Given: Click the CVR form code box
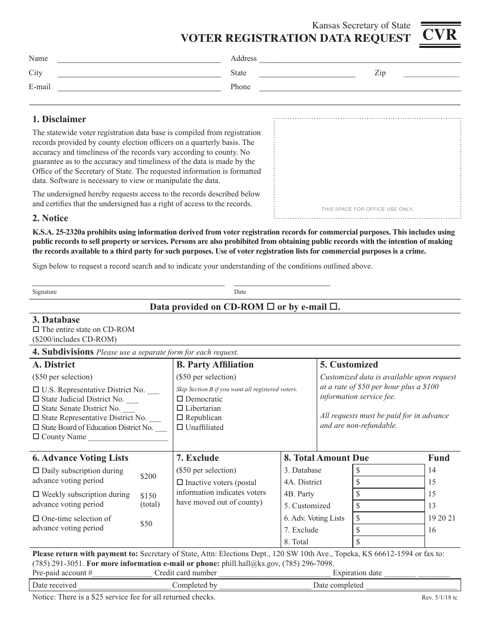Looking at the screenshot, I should (x=440, y=36).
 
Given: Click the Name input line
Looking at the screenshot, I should (x=139, y=59).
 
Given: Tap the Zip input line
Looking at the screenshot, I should (x=431, y=74).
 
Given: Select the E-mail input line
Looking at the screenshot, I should (x=139, y=88).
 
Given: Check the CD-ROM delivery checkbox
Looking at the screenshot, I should (x=270, y=307).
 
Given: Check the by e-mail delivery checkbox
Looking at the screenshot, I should (x=333, y=307).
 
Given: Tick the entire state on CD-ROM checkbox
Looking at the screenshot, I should (x=36, y=329).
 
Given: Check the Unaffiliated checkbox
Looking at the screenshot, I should (x=180, y=427).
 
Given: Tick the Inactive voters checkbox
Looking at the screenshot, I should (x=180, y=483).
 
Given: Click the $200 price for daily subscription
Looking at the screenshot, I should (x=148, y=476).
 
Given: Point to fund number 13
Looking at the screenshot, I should (x=432, y=506).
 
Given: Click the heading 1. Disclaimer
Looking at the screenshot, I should (x=59, y=120).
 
